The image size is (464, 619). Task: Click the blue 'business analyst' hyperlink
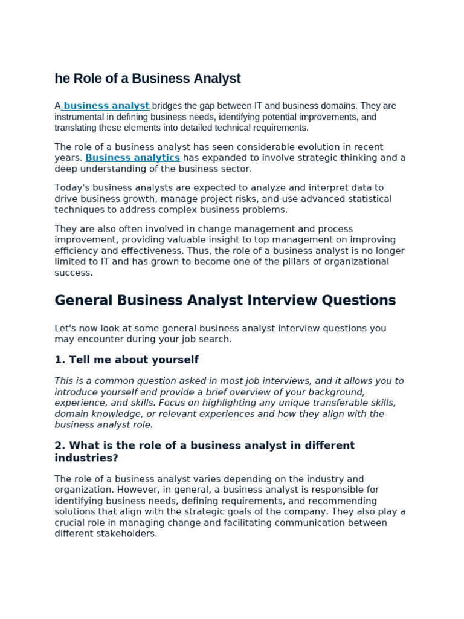pyautogui.click(x=106, y=106)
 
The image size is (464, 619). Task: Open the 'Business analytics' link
pyautogui.click(x=132, y=158)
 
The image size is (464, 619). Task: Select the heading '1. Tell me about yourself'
pyautogui.click(x=126, y=360)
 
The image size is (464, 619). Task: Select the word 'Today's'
pyautogui.click(x=72, y=188)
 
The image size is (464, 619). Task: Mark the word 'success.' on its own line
pyautogui.click(x=74, y=273)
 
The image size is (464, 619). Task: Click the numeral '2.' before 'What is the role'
pyautogui.click(x=60, y=446)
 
